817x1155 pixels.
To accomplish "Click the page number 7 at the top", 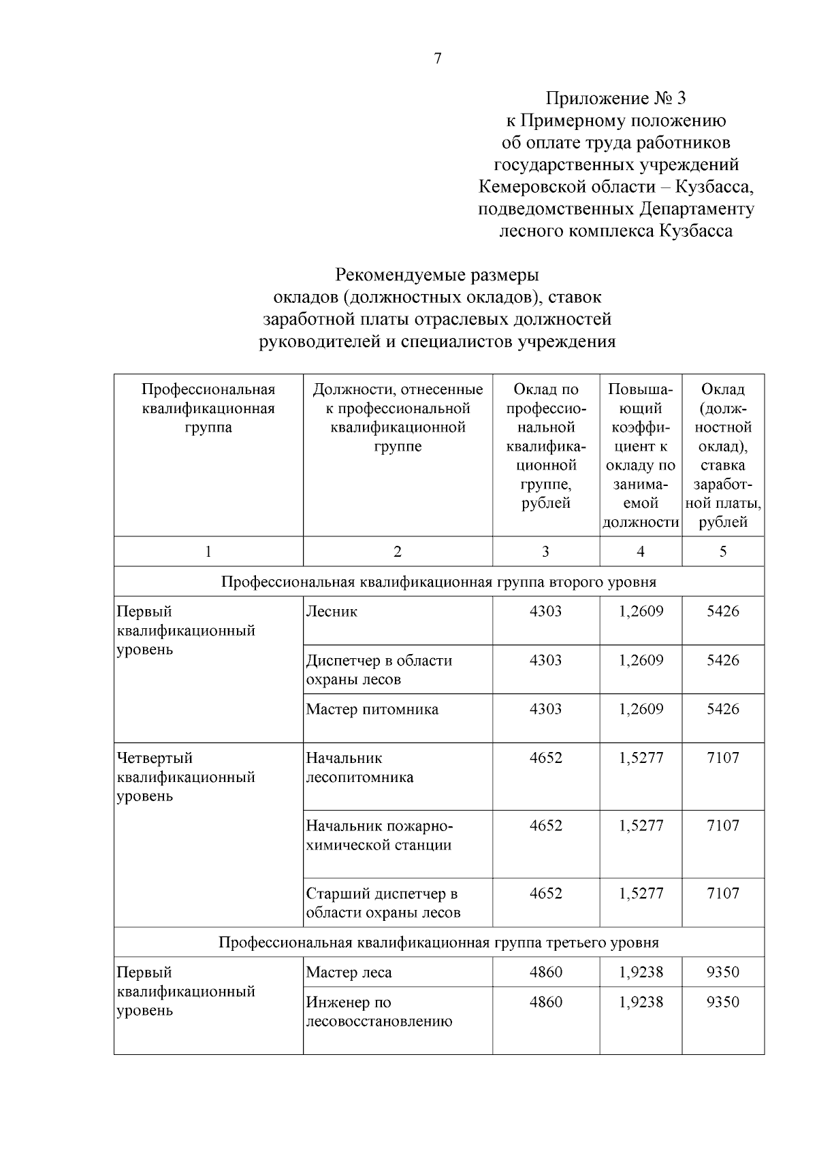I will pyautogui.click(x=437, y=59).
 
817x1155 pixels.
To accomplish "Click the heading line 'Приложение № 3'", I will pyautogui.click(x=615, y=99).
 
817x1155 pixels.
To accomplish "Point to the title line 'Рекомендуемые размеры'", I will pyautogui.click(x=436, y=275).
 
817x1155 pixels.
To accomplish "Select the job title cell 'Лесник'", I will pyautogui.click(x=332, y=611).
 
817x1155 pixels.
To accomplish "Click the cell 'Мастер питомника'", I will pyautogui.click(x=372, y=709).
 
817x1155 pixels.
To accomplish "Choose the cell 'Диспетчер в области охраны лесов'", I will pyautogui.click(x=379, y=670).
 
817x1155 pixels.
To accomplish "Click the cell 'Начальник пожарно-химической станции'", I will pyautogui.click(x=379, y=835).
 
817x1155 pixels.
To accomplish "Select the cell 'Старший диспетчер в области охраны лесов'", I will pyautogui.click(x=383, y=902).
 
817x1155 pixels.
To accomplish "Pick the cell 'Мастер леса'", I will pyautogui.click(x=349, y=973).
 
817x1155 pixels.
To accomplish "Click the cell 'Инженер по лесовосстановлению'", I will pyautogui.click(x=379, y=1011).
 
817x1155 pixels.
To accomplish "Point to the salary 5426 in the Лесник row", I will pyautogui.click(x=722, y=611).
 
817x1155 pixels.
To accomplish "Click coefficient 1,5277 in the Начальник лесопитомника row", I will pyautogui.click(x=641, y=758).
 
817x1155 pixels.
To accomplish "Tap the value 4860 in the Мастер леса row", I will pyautogui.click(x=546, y=972).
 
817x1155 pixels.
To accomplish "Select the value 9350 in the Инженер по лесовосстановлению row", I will pyautogui.click(x=722, y=1002).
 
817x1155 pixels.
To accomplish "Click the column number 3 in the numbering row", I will pyautogui.click(x=545, y=552).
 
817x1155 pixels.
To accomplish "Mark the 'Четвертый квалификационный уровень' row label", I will pyautogui.click(x=186, y=777).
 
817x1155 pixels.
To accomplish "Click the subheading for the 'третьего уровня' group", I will pyautogui.click(x=438, y=943).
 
